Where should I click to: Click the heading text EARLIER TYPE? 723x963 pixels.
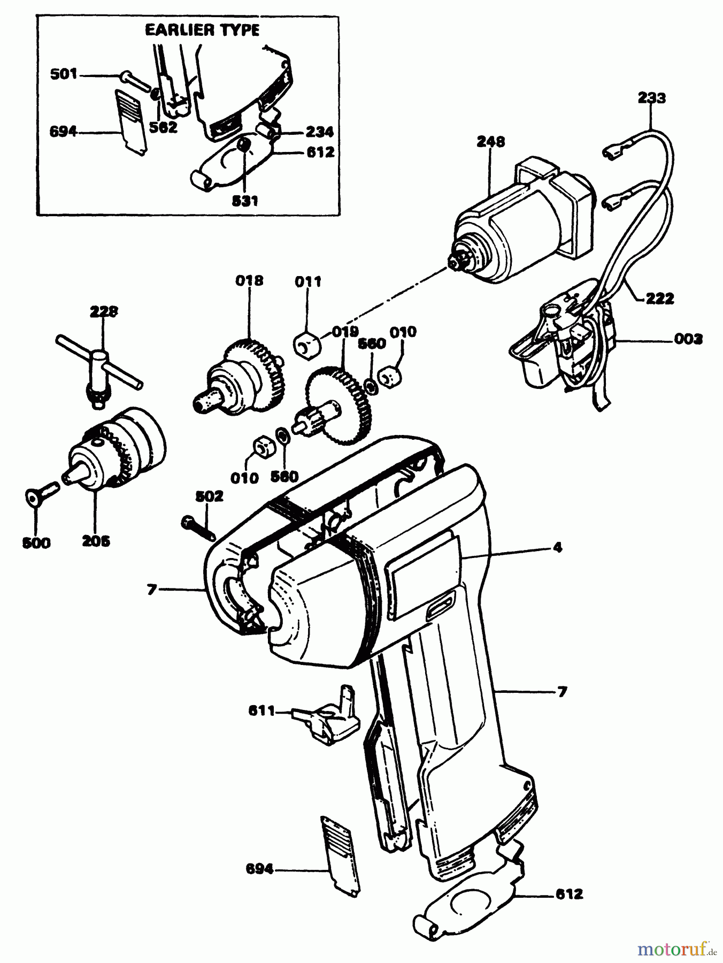(202, 30)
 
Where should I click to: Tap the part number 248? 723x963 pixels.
(491, 142)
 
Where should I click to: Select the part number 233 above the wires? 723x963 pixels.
(652, 98)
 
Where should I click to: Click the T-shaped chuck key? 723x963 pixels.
(99, 369)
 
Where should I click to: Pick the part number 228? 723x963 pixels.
(104, 311)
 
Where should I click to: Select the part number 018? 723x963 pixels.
(249, 280)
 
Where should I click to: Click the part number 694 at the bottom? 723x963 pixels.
(259, 869)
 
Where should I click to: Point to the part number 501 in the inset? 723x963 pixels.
(64, 74)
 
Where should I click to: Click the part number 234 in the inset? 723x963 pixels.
(319, 132)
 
